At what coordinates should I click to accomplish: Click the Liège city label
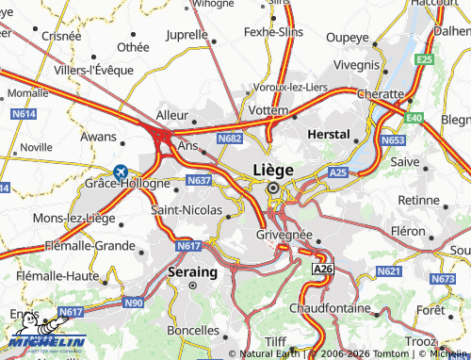click(272, 170)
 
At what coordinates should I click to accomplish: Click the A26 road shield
click(322, 270)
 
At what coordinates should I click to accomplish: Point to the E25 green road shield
click(425, 59)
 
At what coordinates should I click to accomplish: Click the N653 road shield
click(393, 139)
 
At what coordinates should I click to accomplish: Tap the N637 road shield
click(199, 179)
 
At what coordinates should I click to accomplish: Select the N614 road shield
click(24, 114)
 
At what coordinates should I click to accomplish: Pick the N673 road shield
click(442, 279)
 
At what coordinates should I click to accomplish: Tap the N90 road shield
click(134, 302)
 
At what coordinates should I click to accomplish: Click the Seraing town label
click(192, 271)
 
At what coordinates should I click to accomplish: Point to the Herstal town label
click(330, 135)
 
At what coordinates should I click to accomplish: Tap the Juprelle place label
click(186, 35)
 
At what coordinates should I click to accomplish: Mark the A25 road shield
click(339, 172)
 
